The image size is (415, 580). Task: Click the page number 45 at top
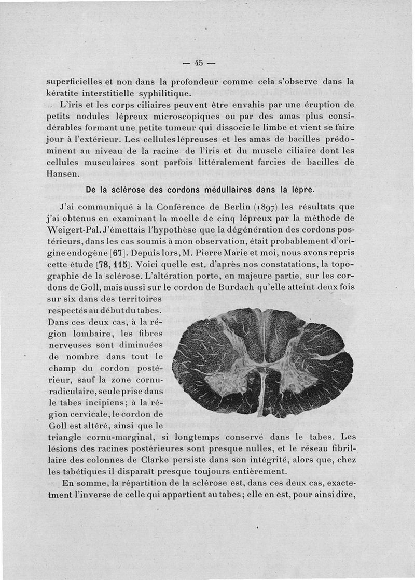pyautogui.click(x=198, y=63)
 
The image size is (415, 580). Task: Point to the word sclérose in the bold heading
pyautogui.click(x=127, y=190)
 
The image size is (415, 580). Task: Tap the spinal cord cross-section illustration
pyautogui.click(x=263, y=362)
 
